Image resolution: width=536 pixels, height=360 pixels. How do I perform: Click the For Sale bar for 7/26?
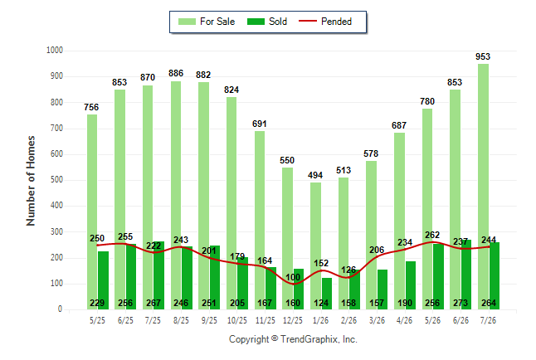coord(484,187)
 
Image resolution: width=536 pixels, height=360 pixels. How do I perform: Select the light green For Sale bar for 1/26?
coord(315,246)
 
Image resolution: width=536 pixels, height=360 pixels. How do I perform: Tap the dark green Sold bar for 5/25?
coord(103,280)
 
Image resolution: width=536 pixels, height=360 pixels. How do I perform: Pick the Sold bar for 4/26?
coord(411,285)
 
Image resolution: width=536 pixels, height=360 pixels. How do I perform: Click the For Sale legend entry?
coord(207,22)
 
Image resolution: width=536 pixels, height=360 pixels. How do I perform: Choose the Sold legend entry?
coord(267,22)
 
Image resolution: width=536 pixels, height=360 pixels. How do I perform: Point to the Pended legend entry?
coord(325,22)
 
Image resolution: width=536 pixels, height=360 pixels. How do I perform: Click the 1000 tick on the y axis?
coord(55,51)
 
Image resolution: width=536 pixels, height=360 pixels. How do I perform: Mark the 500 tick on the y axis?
coord(56,180)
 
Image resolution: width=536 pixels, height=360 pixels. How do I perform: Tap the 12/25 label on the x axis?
coord(293,320)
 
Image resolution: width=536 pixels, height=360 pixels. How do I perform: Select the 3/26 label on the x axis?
coord(377,320)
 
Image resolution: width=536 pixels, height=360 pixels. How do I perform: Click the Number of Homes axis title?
coord(31,181)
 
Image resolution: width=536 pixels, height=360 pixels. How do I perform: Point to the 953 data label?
coord(483,56)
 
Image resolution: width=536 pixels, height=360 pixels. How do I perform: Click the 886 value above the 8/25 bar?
coord(176,73)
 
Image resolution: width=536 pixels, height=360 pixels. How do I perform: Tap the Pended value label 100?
coord(293,277)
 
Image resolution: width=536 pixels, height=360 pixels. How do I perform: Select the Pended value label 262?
coord(432,236)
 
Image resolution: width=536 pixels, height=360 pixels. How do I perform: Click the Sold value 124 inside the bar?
coord(321,303)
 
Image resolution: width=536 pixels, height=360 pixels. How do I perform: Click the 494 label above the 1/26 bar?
coord(315,175)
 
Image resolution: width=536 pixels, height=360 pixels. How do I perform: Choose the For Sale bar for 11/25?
coord(260,221)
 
